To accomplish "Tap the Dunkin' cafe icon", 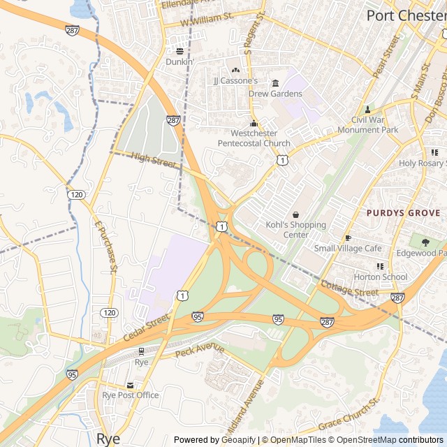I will click(179, 51).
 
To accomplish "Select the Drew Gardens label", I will click(275, 94).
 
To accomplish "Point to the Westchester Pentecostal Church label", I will click(254, 138).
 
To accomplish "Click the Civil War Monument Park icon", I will click(367, 110).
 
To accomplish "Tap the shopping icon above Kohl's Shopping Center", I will click(295, 214).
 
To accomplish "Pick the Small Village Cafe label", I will click(348, 248).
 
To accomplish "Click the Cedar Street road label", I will click(147, 327).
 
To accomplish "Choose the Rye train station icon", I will click(142, 351).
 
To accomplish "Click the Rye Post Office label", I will click(131, 395).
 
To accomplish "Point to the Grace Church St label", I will click(349, 415).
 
